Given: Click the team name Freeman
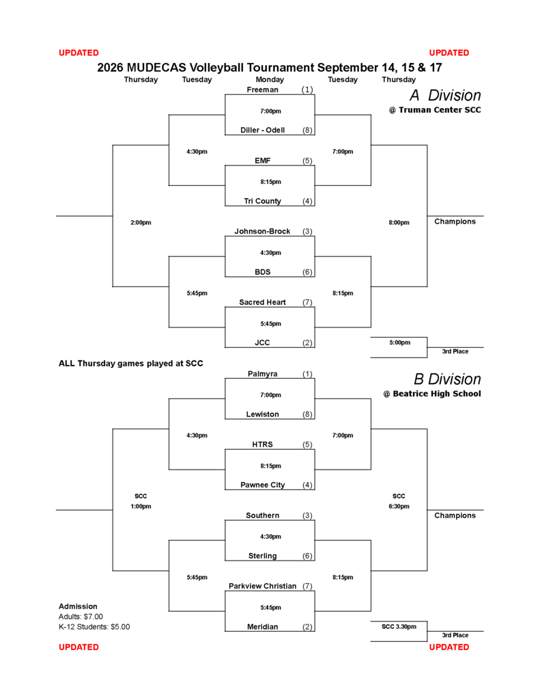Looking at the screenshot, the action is click(262, 90).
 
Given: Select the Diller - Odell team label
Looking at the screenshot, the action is click(262, 130).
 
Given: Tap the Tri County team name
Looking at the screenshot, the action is click(262, 201).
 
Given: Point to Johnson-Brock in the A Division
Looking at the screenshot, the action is click(262, 231).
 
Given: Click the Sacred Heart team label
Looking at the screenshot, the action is click(262, 302).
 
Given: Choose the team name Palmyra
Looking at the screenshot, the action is click(262, 374).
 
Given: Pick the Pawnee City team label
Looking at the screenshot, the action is click(262, 485).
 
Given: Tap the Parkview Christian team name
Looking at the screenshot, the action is click(262, 586).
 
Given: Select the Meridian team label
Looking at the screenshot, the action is click(262, 627).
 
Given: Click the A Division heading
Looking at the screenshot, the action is click(446, 95).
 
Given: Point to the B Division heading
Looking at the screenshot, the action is click(447, 379).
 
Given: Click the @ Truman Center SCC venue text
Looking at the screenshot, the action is click(435, 110).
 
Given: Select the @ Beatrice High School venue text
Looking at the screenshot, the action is click(432, 394).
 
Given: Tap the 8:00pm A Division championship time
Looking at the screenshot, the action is click(399, 222).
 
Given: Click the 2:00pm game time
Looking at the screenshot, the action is click(141, 222).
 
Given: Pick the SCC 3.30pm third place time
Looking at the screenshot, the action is click(399, 626).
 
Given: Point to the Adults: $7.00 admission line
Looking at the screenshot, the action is click(81, 617).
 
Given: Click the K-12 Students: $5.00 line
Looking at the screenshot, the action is click(94, 627).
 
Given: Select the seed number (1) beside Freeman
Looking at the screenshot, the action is click(307, 90).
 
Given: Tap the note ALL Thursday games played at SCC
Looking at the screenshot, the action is click(130, 364).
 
